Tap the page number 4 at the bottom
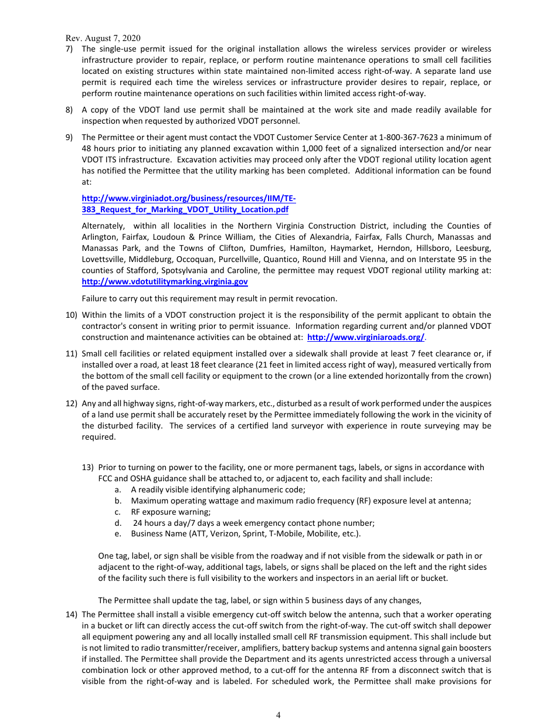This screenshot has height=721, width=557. click(x=278, y=715)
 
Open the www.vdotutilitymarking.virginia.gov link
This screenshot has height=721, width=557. click(x=165, y=282)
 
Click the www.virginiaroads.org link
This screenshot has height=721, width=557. click(x=366, y=338)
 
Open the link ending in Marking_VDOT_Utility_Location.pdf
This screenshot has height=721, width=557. click(x=185, y=209)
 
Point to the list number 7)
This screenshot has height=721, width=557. click(x=69, y=49)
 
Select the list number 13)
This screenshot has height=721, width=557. click(x=87, y=468)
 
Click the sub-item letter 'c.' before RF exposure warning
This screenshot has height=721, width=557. click(x=118, y=512)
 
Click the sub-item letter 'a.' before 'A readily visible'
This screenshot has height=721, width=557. click(x=118, y=489)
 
